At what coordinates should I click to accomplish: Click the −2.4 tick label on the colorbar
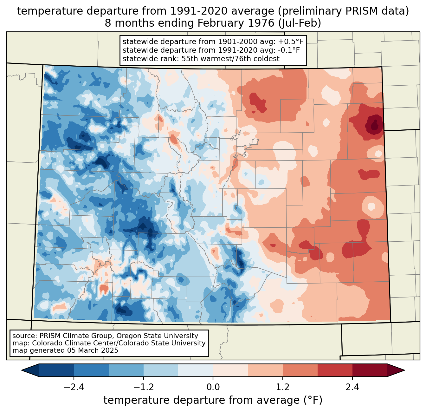(x=74, y=387)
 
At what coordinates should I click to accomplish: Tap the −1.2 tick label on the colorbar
(x=143, y=387)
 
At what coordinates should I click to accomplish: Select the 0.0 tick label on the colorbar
(x=213, y=387)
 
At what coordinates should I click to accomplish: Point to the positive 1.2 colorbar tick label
(x=283, y=387)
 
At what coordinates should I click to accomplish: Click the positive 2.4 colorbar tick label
(x=352, y=387)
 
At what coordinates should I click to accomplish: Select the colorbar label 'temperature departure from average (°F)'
(x=213, y=400)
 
